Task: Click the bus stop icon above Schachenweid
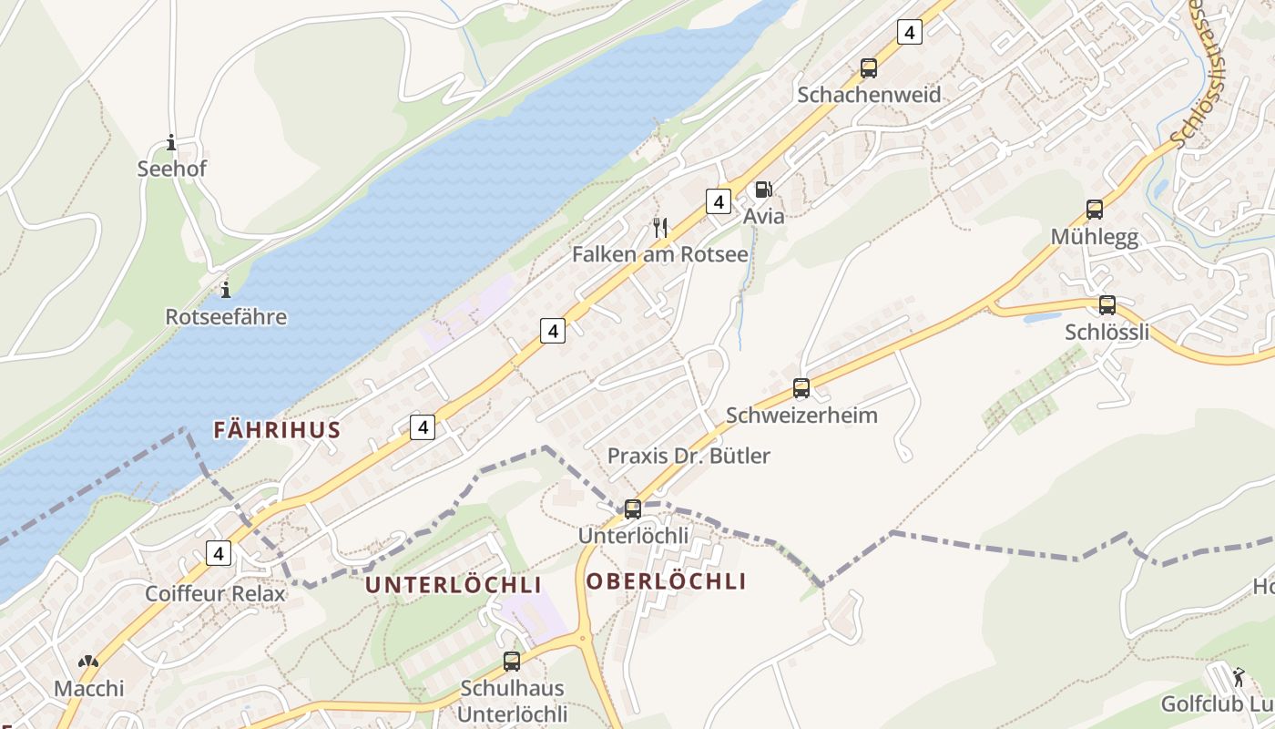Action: [x=869, y=67]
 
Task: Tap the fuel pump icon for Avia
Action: [x=763, y=190]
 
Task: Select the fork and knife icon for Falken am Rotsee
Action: [x=661, y=227]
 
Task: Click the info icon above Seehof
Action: [x=171, y=142]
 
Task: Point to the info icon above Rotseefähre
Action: [x=226, y=290]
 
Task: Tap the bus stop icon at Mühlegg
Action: [x=1095, y=209]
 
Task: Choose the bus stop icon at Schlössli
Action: [x=1107, y=305]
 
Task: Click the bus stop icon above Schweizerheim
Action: [x=801, y=387]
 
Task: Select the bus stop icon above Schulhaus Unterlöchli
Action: [x=512, y=661]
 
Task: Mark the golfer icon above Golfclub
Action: [x=1238, y=677]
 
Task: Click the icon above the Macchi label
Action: [x=88, y=662]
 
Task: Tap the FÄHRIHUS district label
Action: [x=277, y=430]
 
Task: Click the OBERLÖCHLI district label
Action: [x=667, y=581]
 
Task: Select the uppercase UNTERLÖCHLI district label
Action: [x=454, y=585]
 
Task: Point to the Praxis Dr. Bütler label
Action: [x=688, y=456]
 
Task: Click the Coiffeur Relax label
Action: [x=215, y=594]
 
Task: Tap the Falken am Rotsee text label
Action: [x=660, y=254]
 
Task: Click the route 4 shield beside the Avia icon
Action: [x=719, y=201]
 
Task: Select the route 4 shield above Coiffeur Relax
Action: [x=219, y=552]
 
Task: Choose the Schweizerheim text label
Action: [x=801, y=416]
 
